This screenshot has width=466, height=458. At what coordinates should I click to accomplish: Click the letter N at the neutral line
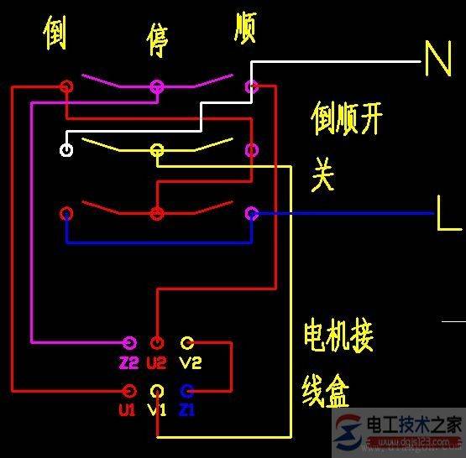point(438,60)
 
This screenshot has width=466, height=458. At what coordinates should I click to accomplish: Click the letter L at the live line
point(448,214)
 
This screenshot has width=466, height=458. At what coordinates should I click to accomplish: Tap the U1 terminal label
point(127,410)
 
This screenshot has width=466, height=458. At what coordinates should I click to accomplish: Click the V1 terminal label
point(157,410)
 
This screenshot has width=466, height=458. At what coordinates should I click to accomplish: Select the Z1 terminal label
point(187,410)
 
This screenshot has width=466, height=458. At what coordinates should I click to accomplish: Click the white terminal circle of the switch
point(66,150)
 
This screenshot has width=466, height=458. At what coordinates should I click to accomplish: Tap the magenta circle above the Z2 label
point(128,342)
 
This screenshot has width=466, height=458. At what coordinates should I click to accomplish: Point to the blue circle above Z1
point(186,390)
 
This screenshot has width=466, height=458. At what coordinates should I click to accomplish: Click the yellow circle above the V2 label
point(186,342)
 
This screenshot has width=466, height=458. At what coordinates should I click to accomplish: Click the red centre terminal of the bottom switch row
point(156,214)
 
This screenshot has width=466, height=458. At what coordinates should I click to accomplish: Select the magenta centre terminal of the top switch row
point(156,86)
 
